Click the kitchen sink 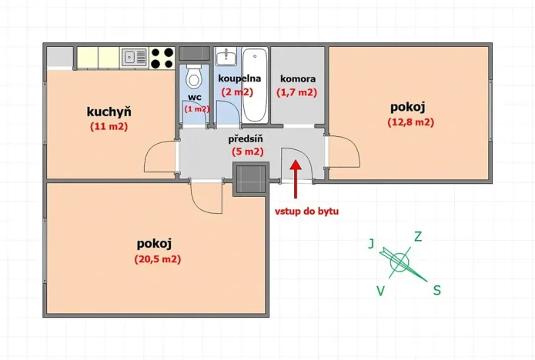click(x=134, y=56)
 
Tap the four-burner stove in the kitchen click(x=162, y=56)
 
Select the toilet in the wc click(x=195, y=78)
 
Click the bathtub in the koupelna click(x=255, y=85)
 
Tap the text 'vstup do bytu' click(x=307, y=210)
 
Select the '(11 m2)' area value click(x=108, y=126)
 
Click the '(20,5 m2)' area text click(x=156, y=259)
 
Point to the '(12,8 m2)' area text click(x=411, y=122)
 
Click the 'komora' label click(x=296, y=78)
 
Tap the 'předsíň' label click(x=247, y=139)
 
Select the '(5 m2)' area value click(x=248, y=152)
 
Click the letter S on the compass click(x=436, y=290)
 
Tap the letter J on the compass click(x=371, y=244)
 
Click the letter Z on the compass click(x=418, y=236)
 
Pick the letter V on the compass click(x=380, y=290)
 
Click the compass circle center click(x=399, y=263)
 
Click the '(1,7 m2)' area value click(x=296, y=92)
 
